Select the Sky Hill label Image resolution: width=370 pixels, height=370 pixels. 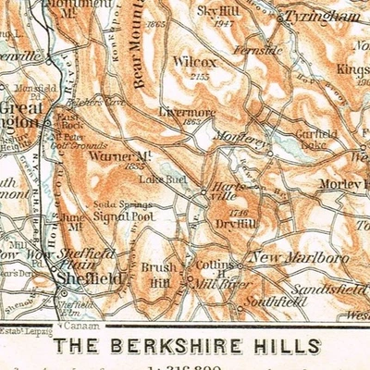218,9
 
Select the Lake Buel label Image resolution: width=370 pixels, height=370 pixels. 158,178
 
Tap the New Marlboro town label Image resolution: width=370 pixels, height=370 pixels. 292,257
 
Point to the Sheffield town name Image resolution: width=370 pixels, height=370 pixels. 89,277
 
